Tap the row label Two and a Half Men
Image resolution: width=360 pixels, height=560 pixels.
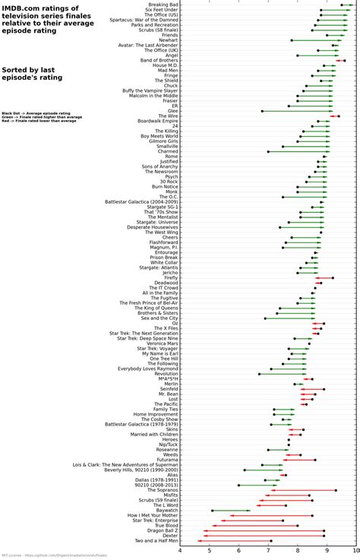pyautogui.click(x=151, y=541)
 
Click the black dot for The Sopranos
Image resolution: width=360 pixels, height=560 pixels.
pyautogui.click(x=336, y=490)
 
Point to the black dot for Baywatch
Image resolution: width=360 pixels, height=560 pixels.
pyautogui.click(x=212, y=510)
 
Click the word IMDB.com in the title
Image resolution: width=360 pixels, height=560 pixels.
pyautogui.click(x=18, y=8)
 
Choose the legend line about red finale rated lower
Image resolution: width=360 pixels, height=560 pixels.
pyautogui.click(x=38, y=122)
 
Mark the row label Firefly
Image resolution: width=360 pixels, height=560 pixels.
pyautogui.click(x=169, y=277)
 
